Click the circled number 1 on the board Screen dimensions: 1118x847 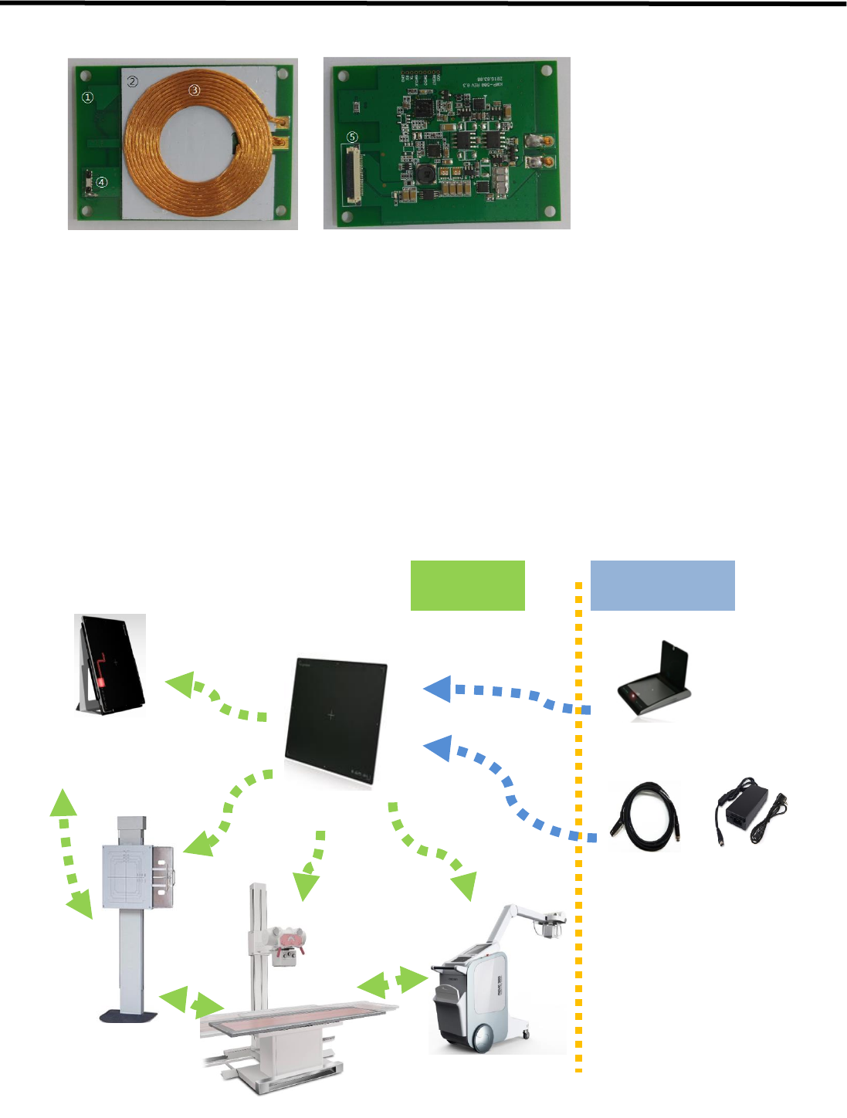click(88, 97)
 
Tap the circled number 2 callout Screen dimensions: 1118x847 click(133, 81)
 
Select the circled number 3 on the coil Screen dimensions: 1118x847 click(195, 90)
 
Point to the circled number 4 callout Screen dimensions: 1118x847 click(102, 183)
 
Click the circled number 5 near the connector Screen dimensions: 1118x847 click(353, 137)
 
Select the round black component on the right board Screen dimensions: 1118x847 click(424, 174)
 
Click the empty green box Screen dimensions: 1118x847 click(467, 585)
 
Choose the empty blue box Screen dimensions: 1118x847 click(662, 585)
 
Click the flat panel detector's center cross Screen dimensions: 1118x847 click(331, 716)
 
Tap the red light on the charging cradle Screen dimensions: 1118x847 click(635, 696)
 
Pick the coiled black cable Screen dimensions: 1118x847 click(644, 816)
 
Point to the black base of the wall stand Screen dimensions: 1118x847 click(130, 1015)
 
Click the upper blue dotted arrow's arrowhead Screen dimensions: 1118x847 click(438, 688)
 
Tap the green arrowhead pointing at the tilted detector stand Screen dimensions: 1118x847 click(180, 683)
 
